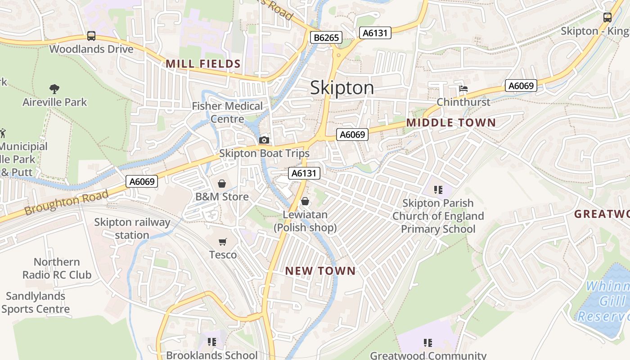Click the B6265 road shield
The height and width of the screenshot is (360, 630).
tap(326, 37)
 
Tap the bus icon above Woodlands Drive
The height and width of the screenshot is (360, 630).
tap(91, 36)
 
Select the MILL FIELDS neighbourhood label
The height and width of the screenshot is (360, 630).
tap(203, 64)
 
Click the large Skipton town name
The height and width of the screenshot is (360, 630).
tap(342, 88)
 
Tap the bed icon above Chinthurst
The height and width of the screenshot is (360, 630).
tap(463, 89)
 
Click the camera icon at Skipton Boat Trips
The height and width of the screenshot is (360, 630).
tap(264, 140)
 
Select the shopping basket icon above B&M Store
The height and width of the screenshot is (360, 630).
tap(222, 184)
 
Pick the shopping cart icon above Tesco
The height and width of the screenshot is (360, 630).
tap(223, 242)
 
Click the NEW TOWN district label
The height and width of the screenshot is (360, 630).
tap(320, 271)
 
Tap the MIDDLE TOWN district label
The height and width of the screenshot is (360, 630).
tap(451, 123)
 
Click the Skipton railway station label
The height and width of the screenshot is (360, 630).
tap(132, 229)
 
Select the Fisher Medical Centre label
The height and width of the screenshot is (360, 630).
tap(227, 112)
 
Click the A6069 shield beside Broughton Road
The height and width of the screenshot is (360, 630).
tap(142, 182)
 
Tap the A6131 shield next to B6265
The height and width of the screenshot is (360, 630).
tap(375, 33)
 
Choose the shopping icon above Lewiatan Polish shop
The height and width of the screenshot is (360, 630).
tap(305, 201)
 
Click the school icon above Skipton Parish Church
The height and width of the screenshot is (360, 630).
tap(438, 190)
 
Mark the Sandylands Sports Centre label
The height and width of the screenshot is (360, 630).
tap(36, 303)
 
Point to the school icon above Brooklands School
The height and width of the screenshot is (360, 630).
tap(212, 342)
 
